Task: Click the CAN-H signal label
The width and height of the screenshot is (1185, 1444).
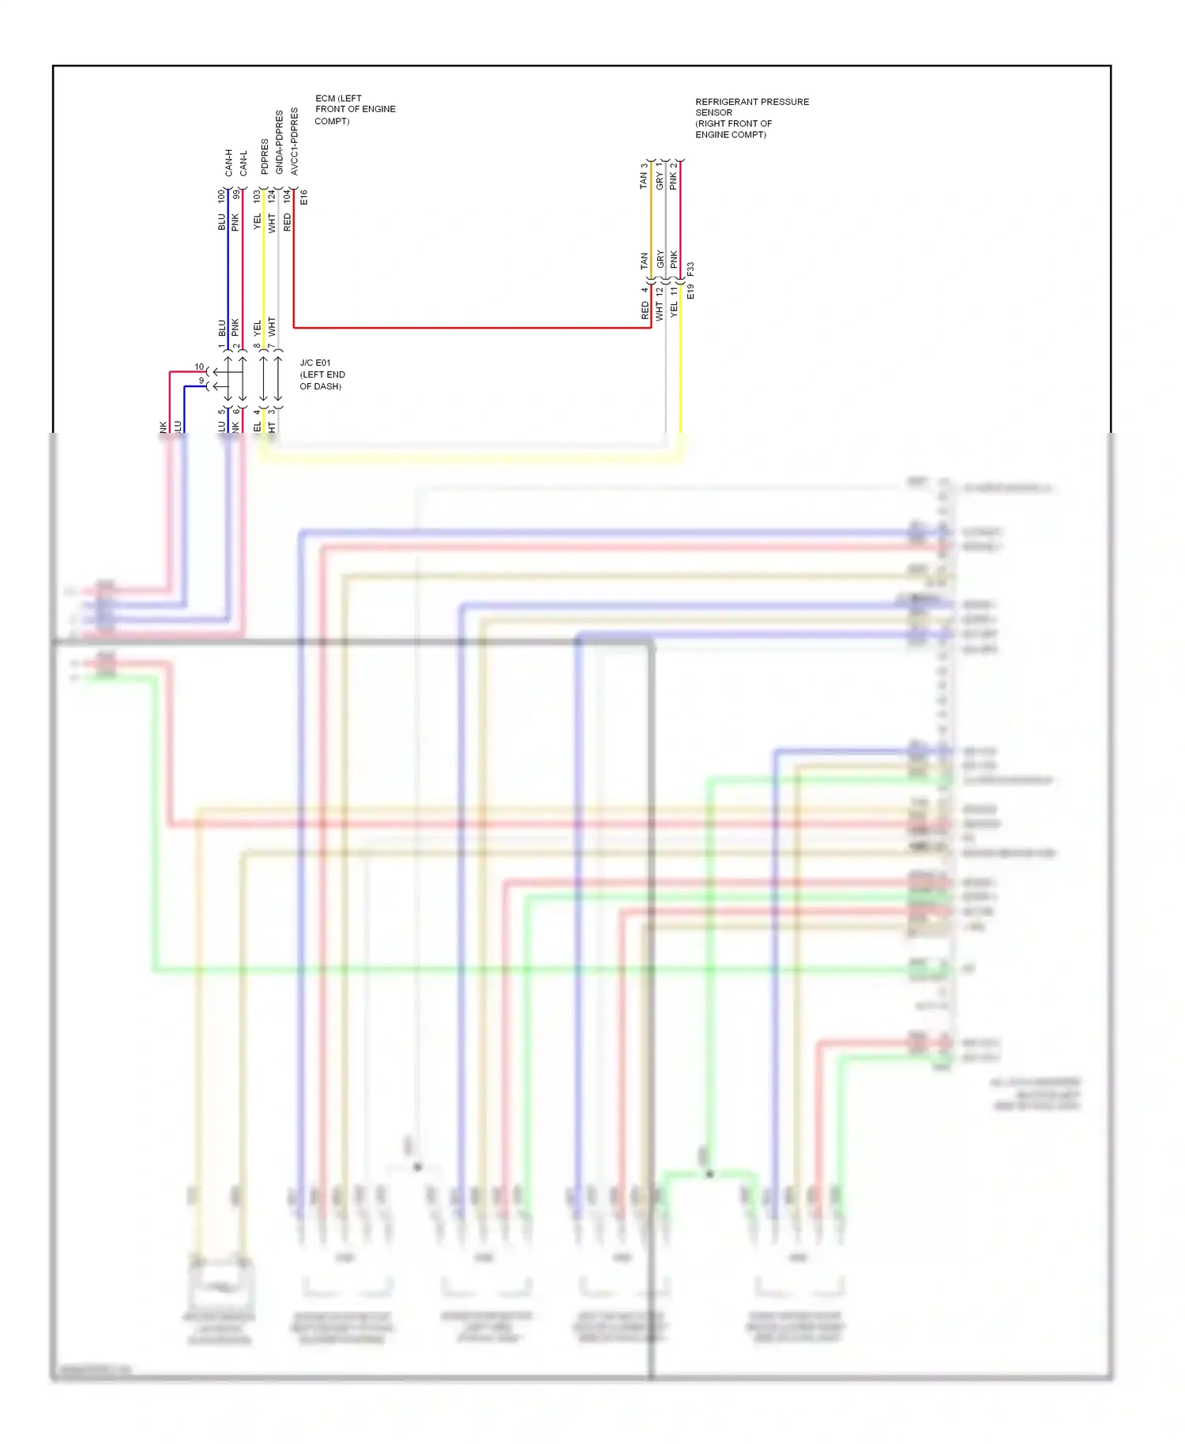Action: (228, 163)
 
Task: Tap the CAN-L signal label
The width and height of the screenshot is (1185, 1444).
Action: (243, 163)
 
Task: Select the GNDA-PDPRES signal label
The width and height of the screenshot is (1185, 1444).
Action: (279, 142)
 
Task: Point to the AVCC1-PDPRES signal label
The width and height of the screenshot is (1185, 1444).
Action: (294, 141)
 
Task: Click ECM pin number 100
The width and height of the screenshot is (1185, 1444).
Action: (221, 196)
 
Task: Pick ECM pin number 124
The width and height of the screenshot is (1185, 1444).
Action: (271, 196)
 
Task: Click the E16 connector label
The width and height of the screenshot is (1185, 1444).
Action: (304, 197)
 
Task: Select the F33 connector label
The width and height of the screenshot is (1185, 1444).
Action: (690, 269)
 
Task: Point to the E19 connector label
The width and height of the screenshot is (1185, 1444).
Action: (690, 291)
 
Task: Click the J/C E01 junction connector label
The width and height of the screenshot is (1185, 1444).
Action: (315, 363)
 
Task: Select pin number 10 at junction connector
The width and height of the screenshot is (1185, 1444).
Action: (199, 367)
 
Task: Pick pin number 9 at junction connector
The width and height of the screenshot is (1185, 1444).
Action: (201, 381)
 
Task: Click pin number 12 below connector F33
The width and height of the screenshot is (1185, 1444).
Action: (659, 291)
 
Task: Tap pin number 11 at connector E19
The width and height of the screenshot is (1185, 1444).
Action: (674, 291)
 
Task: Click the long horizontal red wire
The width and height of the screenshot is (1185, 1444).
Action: (474, 327)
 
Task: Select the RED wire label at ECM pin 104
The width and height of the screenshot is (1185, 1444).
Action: (287, 222)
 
